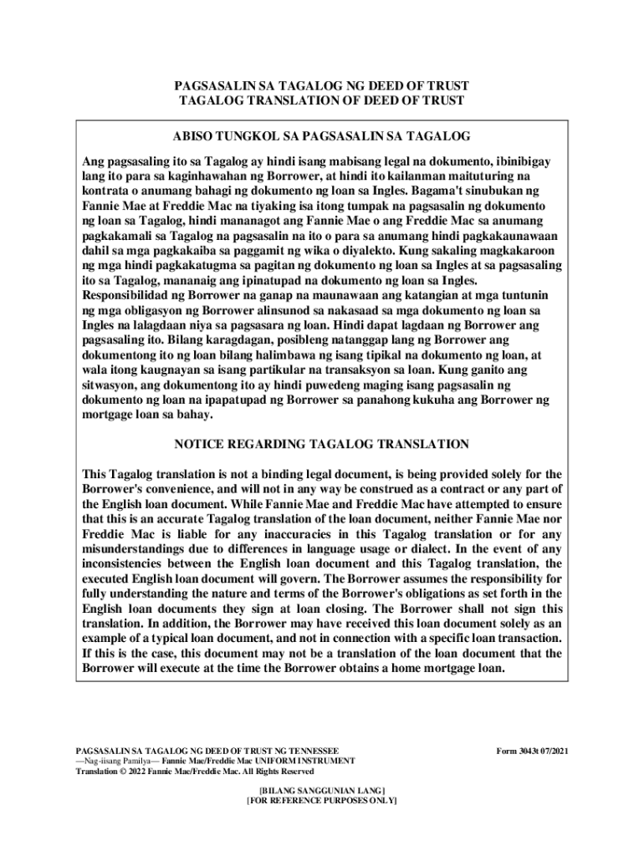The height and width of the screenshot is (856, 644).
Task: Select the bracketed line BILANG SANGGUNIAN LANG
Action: (x=322, y=789)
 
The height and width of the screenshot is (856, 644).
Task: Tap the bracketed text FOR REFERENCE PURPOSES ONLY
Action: (x=322, y=800)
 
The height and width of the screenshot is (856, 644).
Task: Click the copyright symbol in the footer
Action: (x=124, y=772)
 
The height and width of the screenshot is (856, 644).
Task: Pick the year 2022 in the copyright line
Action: (x=138, y=772)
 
